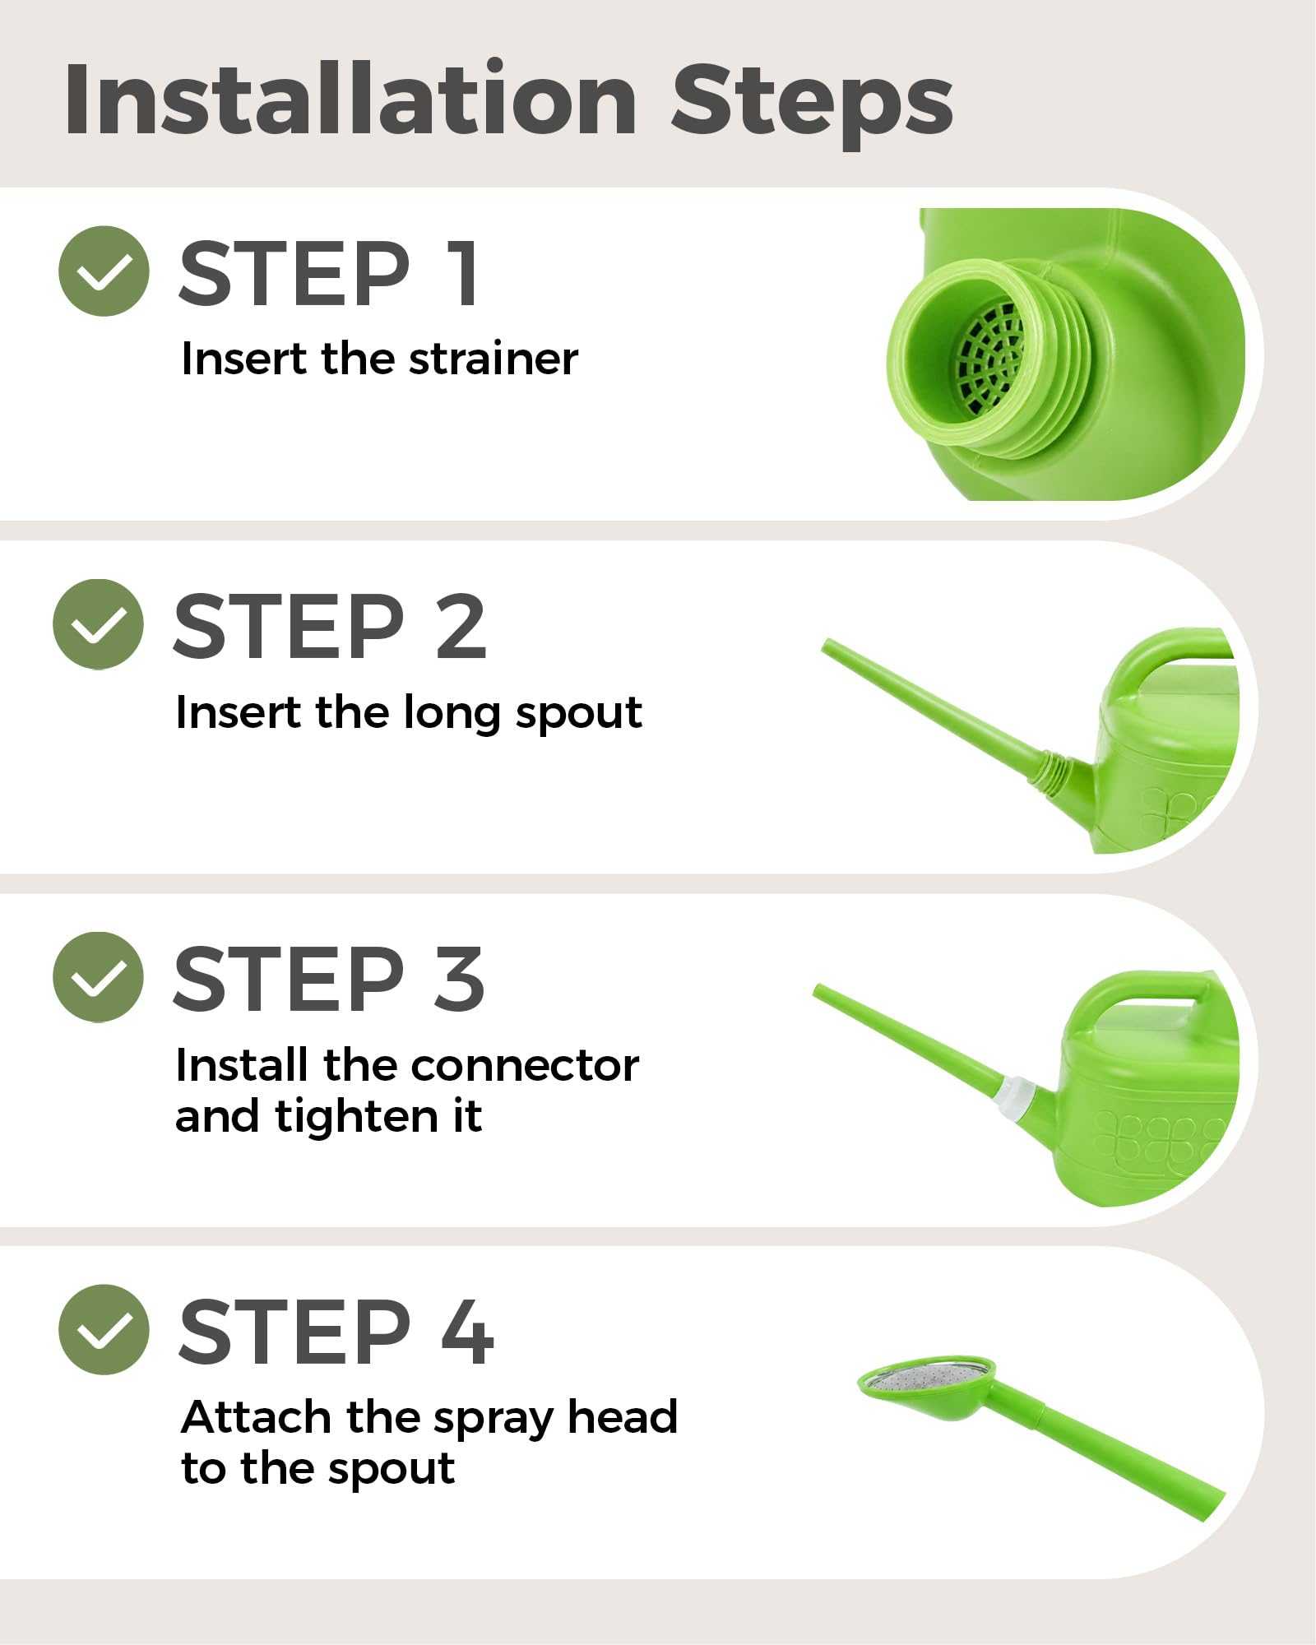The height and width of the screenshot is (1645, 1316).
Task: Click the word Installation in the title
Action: [x=351, y=98]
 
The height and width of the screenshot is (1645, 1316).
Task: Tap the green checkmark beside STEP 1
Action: [x=104, y=271]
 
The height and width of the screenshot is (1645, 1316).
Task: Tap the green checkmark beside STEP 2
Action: [x=98, y=624]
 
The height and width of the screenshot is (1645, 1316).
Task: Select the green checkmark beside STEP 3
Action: [x=98, y=977]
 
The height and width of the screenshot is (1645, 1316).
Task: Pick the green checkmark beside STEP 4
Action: [x=104, y=1329]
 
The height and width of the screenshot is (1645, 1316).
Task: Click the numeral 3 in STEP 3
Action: [x=459, y=979]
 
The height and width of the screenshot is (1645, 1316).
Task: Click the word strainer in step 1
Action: [x=493, y=359]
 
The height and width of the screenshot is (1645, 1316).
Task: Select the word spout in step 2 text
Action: [x=578, y=714]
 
